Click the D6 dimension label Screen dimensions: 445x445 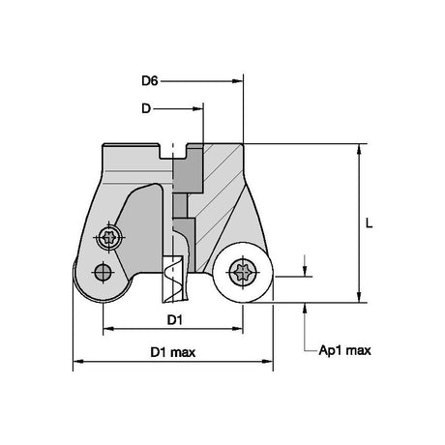[150, 80]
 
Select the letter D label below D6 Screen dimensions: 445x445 [146, 108]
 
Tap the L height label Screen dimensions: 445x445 [369, 223]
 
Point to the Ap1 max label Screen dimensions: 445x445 [344, 350]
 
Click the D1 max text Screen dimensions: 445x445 [173, 352]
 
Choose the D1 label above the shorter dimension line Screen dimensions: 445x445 [175, 320]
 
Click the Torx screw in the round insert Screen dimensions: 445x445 [243, 272]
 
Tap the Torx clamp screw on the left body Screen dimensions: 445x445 [109, 238]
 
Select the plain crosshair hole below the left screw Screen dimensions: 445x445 [103, 273]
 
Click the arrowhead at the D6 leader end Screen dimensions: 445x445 [237, 81]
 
